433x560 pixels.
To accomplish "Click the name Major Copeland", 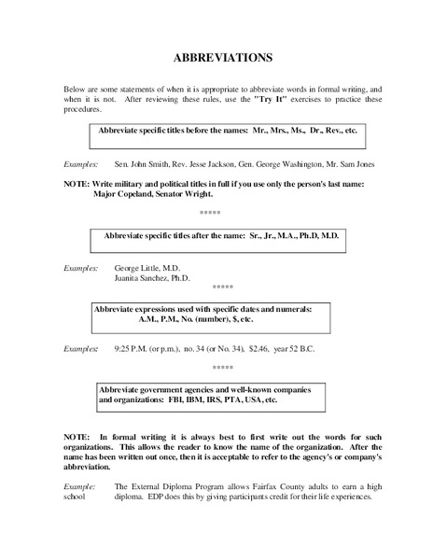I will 124,196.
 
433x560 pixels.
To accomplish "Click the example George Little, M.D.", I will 151,266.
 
